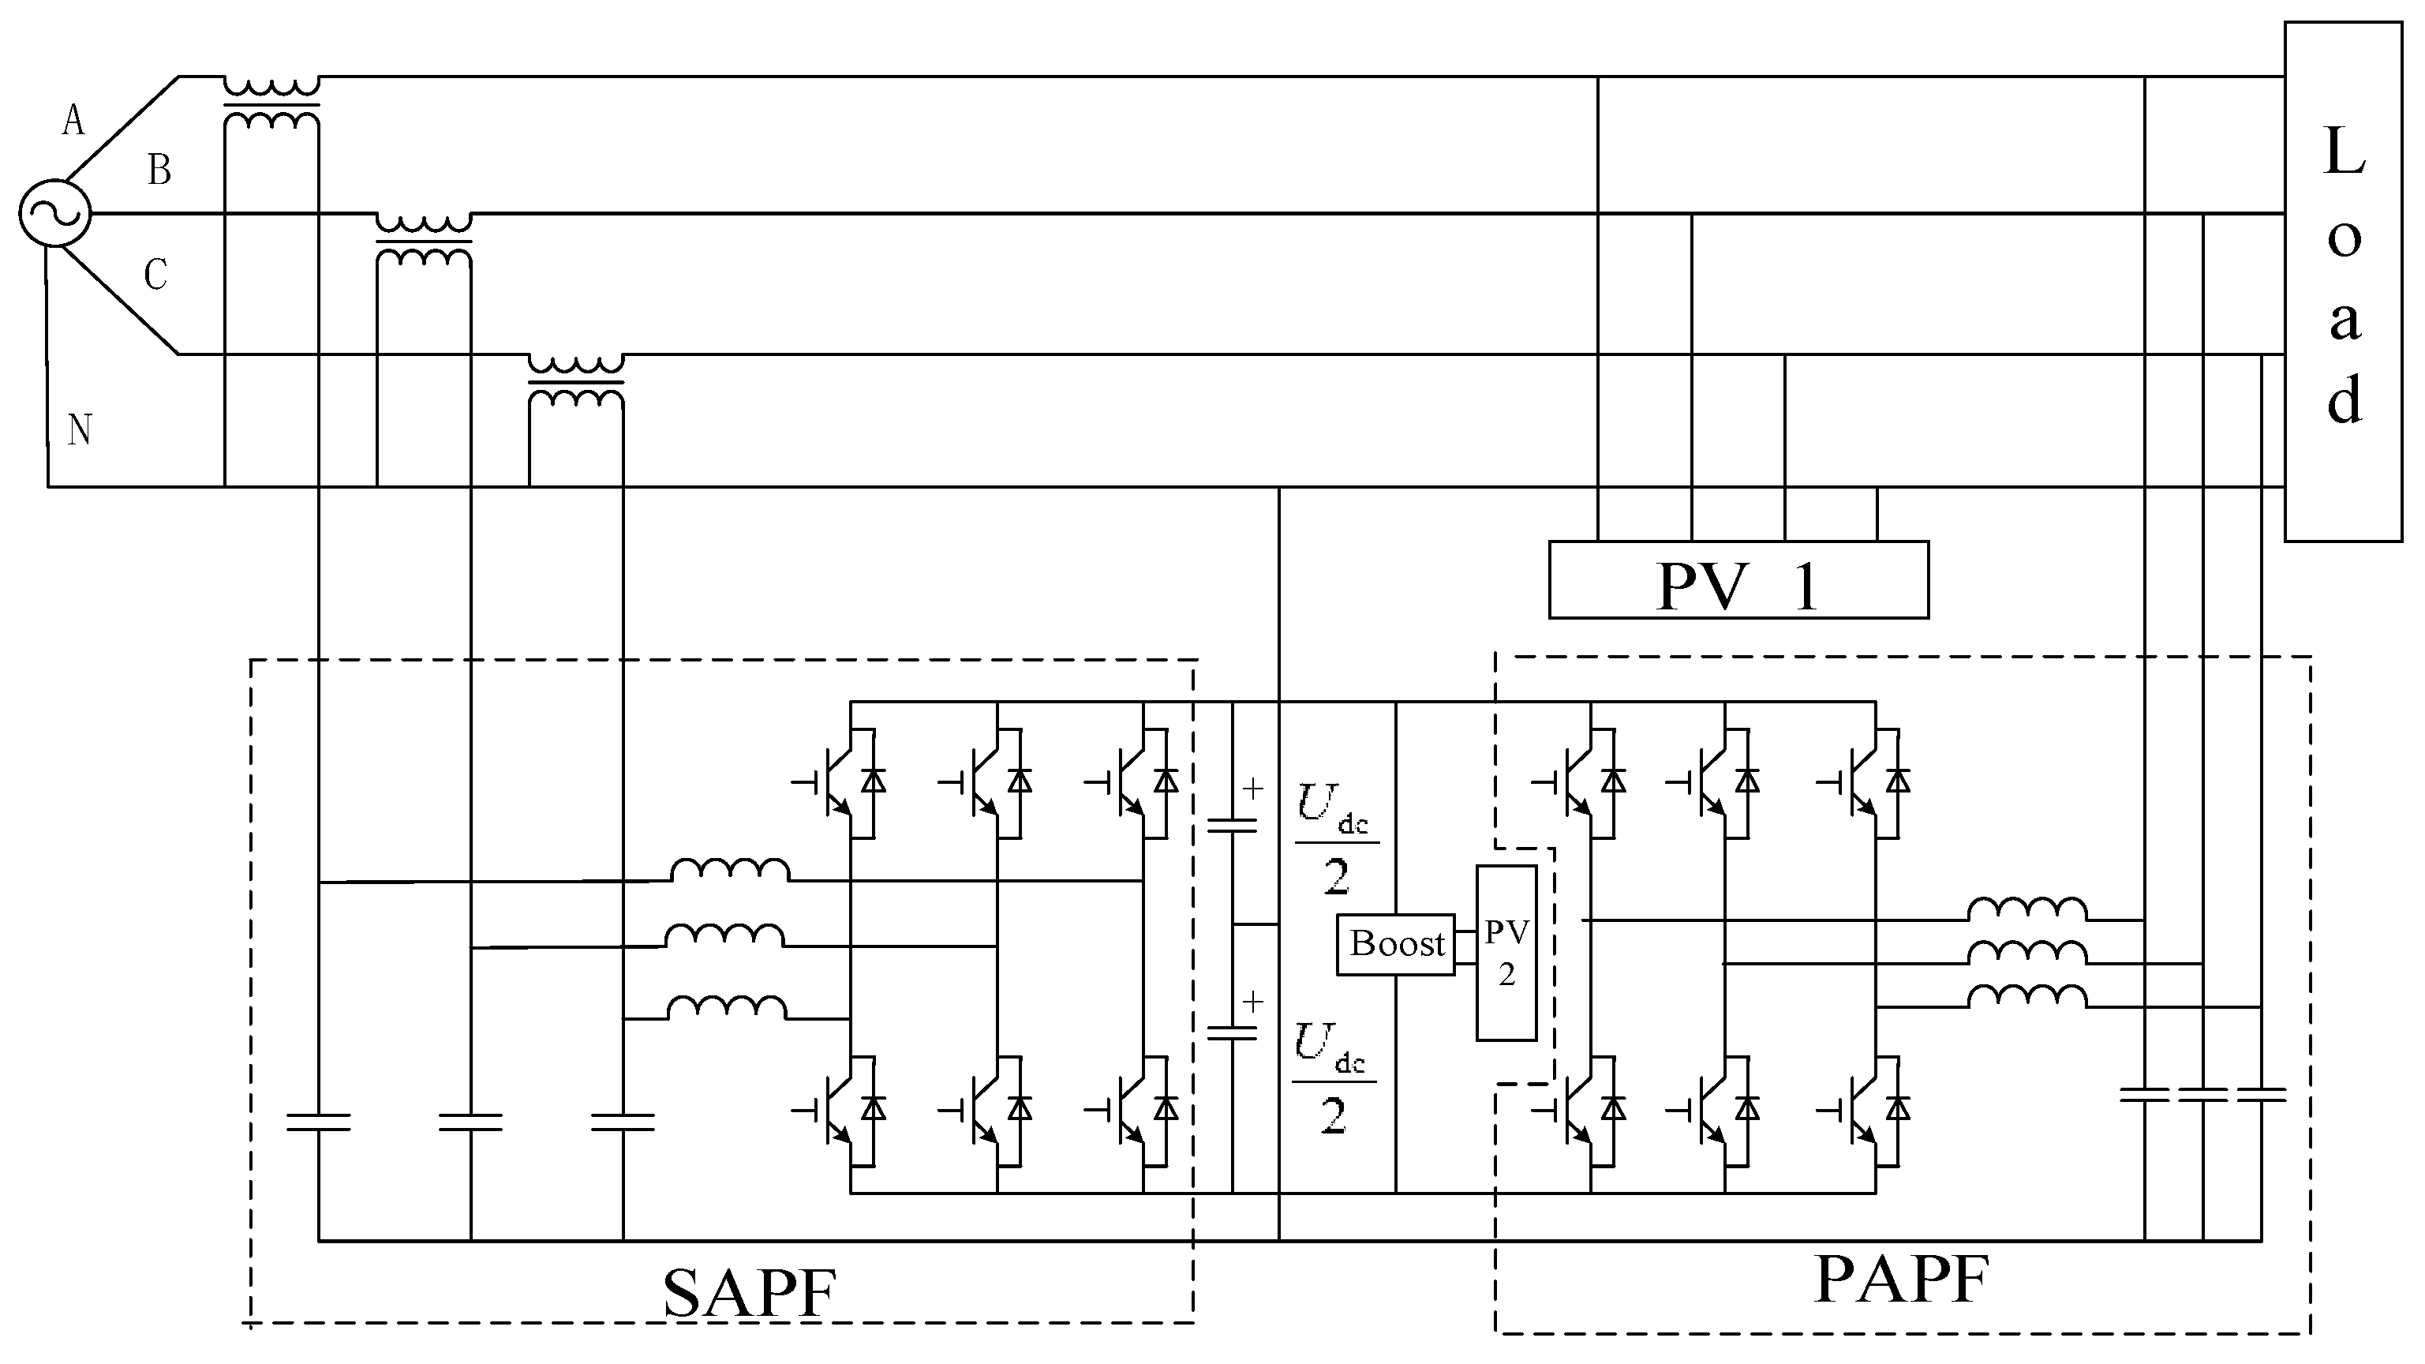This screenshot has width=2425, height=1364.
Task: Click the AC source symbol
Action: [x=54, y=214]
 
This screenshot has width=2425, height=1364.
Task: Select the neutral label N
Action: [x=79, y=430]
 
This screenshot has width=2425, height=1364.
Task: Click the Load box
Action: [x=2342, y=283]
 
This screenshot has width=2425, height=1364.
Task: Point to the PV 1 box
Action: [x=1738, y=580]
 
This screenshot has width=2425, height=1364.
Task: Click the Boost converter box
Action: [x=1396, y=944]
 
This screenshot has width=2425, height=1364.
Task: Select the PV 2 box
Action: [x=1506, y=953]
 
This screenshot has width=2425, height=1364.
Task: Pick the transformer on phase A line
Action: [x=271, y=103]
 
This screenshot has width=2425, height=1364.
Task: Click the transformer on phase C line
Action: [x=575, y=381]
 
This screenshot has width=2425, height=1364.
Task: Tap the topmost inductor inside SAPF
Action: [x=730, y=870]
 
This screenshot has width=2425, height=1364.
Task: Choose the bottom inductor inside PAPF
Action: [x=2026, y=997]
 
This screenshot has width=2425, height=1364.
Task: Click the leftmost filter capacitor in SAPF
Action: [x=318, y=1121]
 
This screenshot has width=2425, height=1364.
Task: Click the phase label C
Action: [x=155, y=275]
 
